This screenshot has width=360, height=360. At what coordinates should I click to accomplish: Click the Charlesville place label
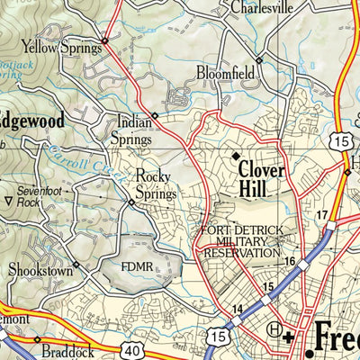pyautogui.click(x=262, y=7)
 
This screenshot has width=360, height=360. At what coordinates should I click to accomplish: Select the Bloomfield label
pyautogui.click(x=222, y=72)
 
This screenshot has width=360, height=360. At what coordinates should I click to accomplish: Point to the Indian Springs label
pyautogui.click(x=131, y=129)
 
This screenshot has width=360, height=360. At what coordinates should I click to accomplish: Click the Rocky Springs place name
pyautogui.click(x=155, y=185)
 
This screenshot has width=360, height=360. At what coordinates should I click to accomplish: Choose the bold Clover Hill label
pyautogui.click(x=262, y=178)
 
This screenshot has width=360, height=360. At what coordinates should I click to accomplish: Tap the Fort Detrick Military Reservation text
pyautogui.click(x=241, y=242)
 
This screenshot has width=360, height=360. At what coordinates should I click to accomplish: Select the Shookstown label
pyautogui.click(x=38, y=269)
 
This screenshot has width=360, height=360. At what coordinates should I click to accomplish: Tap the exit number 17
pyautogui.click(x=322, y=215)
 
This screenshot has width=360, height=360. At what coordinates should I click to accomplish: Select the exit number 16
pyautogui.click(x=290, y=261)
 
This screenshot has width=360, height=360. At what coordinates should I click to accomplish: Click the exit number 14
pyautogui.click(x=237, y=310)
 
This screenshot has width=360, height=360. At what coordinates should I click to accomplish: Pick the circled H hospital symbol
pyautogui.click(x=274, y=330)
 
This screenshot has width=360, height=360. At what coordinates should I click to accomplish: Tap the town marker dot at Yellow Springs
pyautogui.click(x=104, y=40)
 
